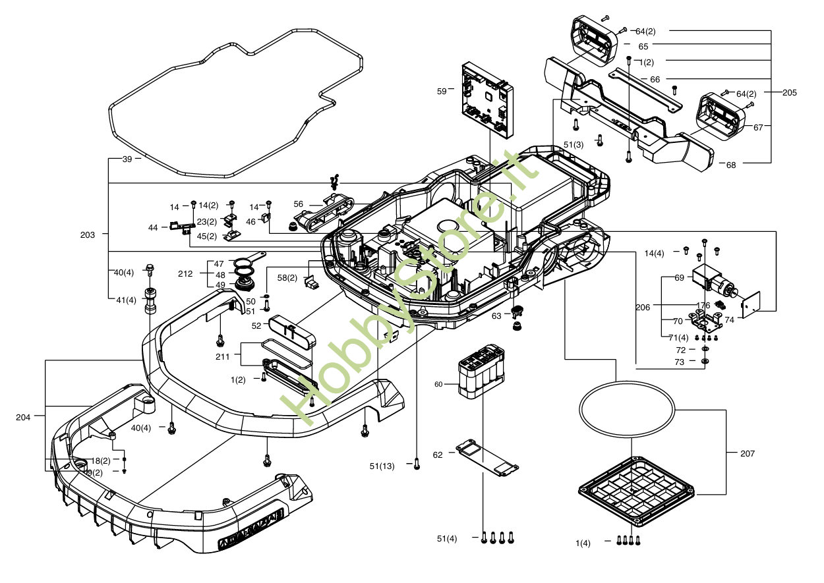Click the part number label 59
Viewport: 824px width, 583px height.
(x=442, y=92)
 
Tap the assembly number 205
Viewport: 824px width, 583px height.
(x=789, y=93)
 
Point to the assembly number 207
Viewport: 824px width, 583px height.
(x=748, y=453)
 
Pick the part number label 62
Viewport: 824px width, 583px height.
(x=438, y=455)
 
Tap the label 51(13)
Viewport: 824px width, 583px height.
(x=382, y=466)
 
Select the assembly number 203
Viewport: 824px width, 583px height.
(x=87, y=235)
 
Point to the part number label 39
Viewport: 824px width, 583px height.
(x=127, y=159)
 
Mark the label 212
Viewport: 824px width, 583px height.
(x=185, y=273)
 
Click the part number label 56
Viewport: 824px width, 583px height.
(x=299, y=204)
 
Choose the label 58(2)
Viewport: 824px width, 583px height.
(x=287, y=278)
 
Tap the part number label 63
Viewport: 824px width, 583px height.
(x=496, y=316)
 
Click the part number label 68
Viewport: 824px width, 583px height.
(x=731, y=165)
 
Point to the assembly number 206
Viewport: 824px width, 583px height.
(x=643, y=307)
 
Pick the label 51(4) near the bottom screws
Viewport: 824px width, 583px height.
(x=447, y=539)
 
